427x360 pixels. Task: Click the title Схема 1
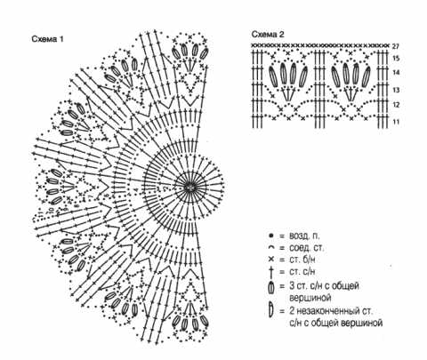coord(47,39)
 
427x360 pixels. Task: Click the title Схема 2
coord(268,35)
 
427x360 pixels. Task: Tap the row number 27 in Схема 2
coord(396,46)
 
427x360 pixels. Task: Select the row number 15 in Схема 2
coord(396,59)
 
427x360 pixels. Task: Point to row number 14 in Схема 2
coord(396,73)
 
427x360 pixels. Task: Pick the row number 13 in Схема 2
coord(396,90)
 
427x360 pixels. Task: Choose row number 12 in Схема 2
coord(396,105)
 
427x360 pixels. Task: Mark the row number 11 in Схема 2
coord(396,122)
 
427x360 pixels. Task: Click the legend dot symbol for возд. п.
coord(270,236)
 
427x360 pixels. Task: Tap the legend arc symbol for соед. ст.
coord(270,248)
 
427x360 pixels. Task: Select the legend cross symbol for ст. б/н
coord(270,260)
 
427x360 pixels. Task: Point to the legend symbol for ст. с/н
coord(270,272)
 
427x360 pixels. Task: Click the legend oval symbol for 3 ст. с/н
coord(270,288)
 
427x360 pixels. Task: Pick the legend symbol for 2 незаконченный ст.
coord(270,310)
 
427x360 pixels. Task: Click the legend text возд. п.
coord(304,236)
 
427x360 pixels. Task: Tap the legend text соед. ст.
coord(307,248)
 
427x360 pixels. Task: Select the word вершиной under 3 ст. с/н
coord(310,297)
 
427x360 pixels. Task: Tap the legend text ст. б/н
coord(302,260)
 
